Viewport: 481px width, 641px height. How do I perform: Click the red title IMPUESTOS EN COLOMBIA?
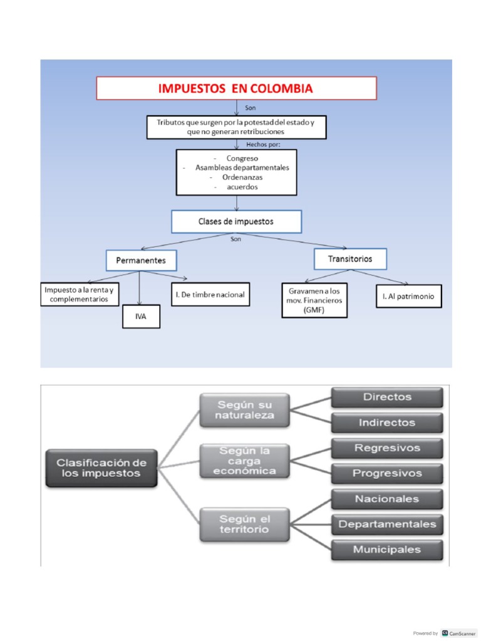click(236, 88)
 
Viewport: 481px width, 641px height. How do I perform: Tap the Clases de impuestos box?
click(236, 222)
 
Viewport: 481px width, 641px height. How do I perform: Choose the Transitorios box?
click(350, 259)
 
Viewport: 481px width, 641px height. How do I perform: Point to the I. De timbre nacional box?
click(210, 294)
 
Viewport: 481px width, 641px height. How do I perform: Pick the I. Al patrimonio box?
click(408, 297)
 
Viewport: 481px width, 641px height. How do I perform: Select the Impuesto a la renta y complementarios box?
click(81, 295)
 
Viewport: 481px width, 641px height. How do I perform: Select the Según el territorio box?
click(245, 524)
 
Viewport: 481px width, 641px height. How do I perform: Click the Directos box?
click(387, 397)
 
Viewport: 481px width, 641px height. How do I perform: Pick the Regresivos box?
click(387, 448)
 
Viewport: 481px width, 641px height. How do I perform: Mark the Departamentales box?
click(387, 524)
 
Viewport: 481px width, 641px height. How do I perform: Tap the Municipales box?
click(387, 550)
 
